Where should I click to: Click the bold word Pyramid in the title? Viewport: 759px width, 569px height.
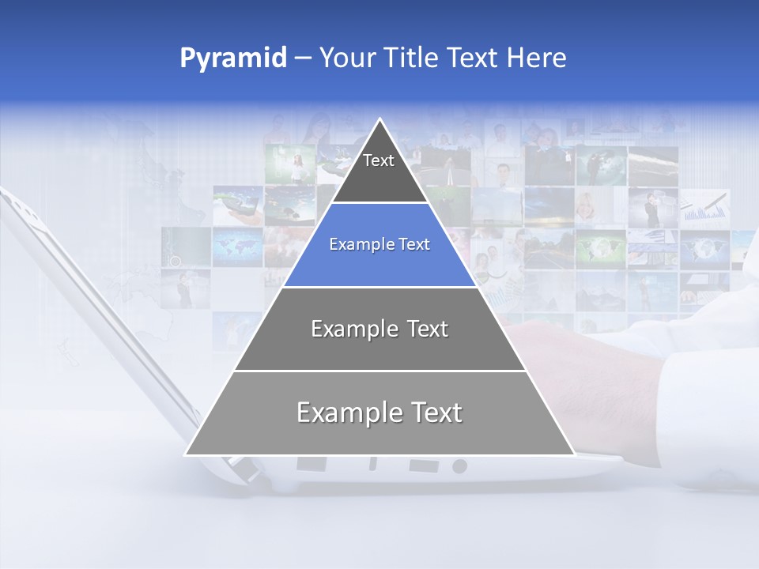click(233, 58)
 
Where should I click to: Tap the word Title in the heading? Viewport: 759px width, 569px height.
click(414, 58)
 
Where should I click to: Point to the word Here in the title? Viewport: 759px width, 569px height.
click(536, 58)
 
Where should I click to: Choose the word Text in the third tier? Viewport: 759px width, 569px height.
click(425, 329)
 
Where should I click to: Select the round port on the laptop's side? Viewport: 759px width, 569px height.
click(459, 466)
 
